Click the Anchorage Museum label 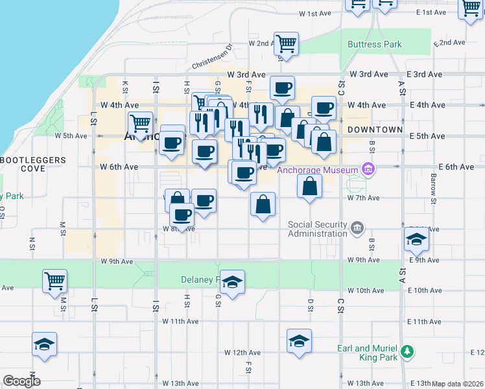[318, 171]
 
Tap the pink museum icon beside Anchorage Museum [368, 170]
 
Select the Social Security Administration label [318, 229]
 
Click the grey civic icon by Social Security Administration [357, 228]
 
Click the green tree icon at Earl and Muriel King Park [407, 352]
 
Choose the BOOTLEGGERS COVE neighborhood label [32, 164]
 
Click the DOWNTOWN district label [375, 130]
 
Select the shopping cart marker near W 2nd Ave [286, 44]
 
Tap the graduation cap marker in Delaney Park [232, 282]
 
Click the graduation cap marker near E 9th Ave [416, 239]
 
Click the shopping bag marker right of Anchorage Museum [310, 187]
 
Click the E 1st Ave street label [432, 13]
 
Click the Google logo [21, 381]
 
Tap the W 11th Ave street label [180, 322]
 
